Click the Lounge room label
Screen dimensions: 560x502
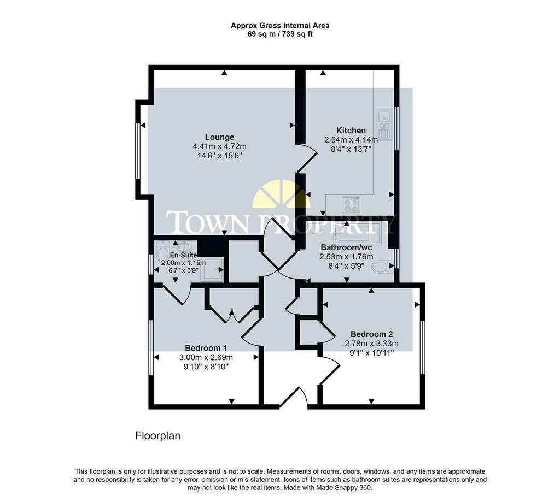click(220, 137)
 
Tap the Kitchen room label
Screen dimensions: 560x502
click(351, 130)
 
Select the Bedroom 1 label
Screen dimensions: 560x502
click(206, 348)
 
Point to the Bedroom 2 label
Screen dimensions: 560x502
click(371, 334)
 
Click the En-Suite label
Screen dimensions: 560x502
click(183, 255)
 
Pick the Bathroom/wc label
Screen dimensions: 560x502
click(346, 247)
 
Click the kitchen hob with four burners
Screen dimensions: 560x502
click(351, 205)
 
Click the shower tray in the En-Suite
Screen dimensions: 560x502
click(212, 269)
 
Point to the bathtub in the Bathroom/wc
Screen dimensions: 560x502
click(358, 234)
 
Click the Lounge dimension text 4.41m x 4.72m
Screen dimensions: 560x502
click(219, 146)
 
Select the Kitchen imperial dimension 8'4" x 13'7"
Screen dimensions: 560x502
click(351, 149)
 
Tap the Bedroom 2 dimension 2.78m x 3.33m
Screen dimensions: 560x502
click(371, 344)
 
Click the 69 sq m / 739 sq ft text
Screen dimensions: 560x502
click(280, 34)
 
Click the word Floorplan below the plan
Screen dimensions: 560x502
click(157, 436)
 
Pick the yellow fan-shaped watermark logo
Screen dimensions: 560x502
click(282, 194)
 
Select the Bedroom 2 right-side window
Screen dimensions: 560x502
click(423, 347)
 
